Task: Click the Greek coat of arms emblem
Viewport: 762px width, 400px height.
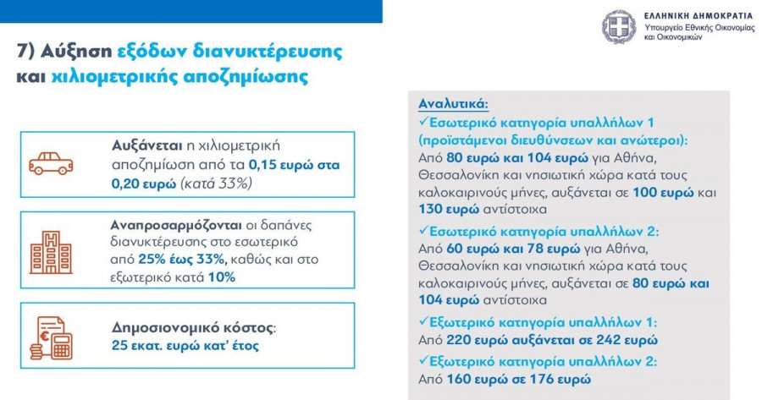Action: coord(618,27)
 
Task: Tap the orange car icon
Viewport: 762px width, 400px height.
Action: coord(51,163)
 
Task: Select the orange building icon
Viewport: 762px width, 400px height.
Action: coord(51,251)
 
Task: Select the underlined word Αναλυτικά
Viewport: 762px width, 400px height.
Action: coord(454,103)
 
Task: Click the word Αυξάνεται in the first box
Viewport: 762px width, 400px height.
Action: coord(145,145)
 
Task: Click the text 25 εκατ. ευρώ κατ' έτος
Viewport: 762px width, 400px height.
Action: coord(185,345)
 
